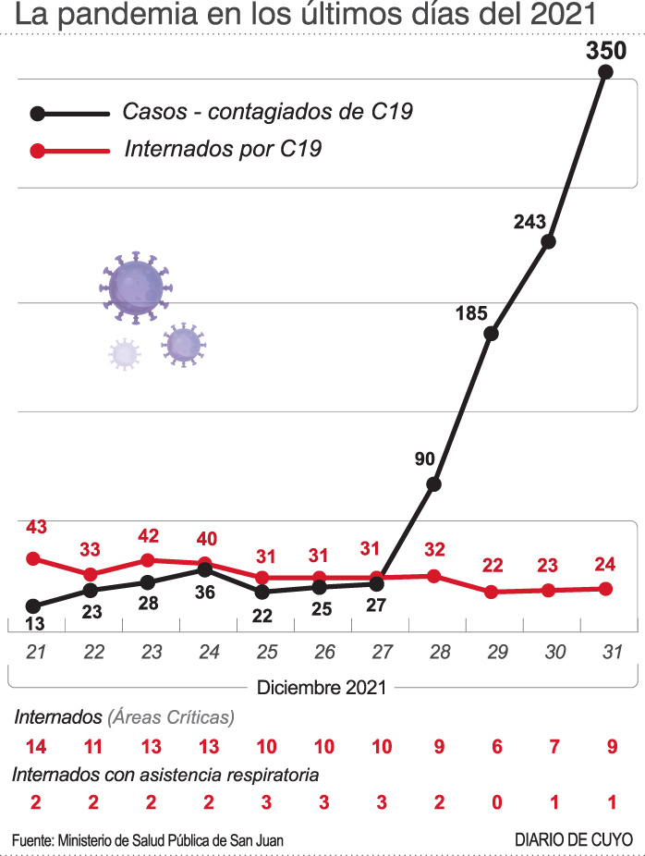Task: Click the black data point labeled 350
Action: click(606, 73)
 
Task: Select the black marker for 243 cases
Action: click(548, 241)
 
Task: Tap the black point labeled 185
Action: click(492, 334)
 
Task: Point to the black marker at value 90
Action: click(433, 483)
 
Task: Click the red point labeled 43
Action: click(34, 558)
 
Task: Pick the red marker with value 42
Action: click(148, 560)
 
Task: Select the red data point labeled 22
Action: click(492, 592)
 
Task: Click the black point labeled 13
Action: click(34, 606)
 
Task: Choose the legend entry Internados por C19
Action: click(222, 149)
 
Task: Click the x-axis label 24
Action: click(209, 652)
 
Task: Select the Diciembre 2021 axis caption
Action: click(322, 687)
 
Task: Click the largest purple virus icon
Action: click(136, 287)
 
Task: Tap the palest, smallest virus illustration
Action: click(124, 354)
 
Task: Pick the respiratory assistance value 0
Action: click(497, 801)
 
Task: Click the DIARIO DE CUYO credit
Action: click(574, 839)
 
